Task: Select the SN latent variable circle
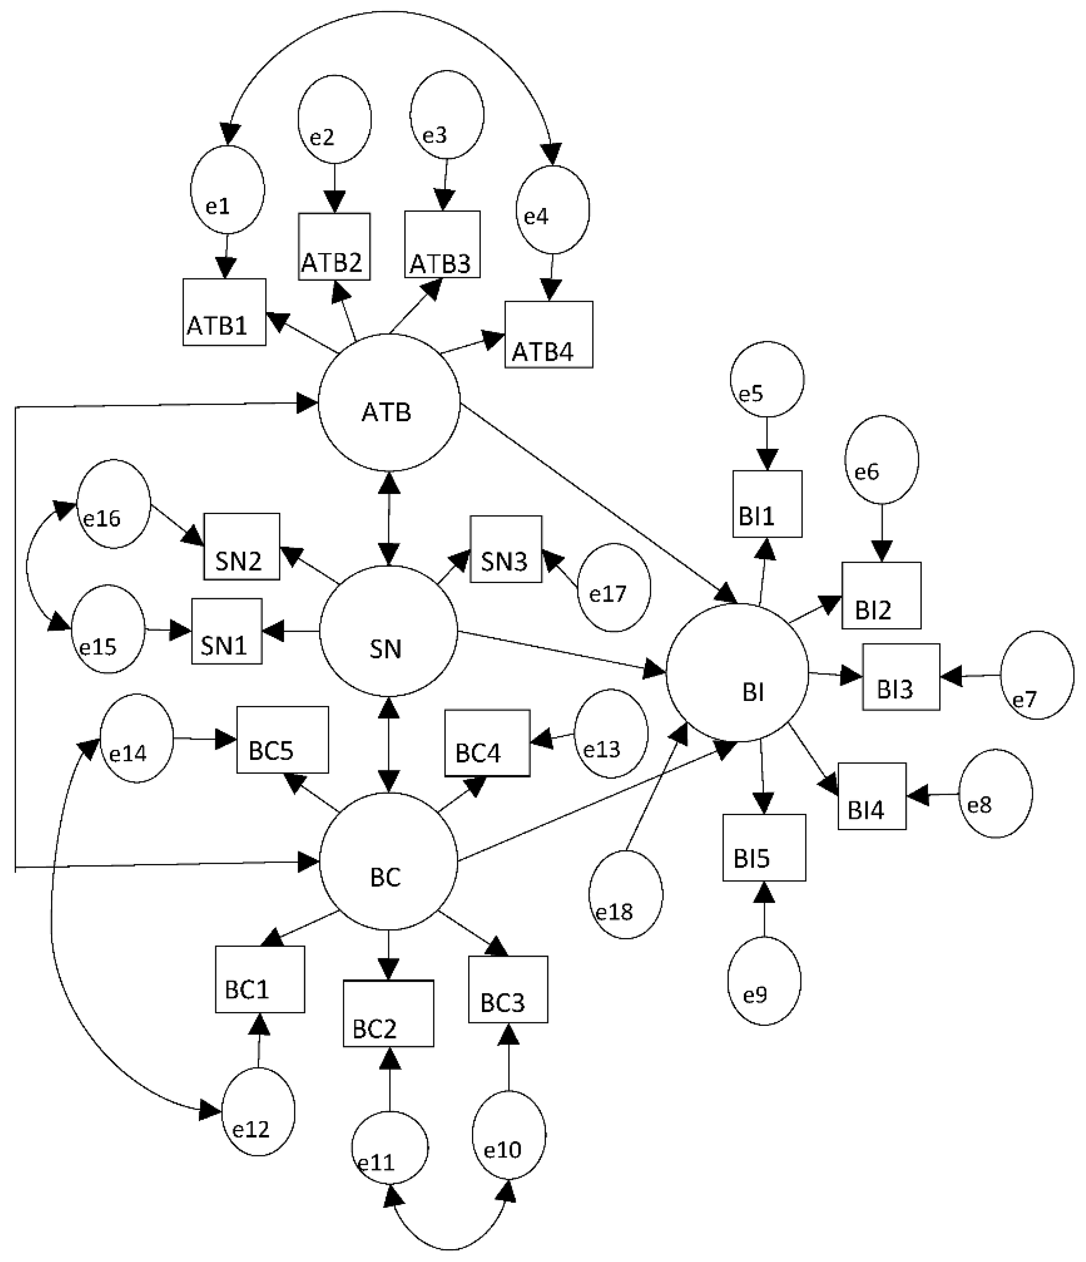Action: coord(388,631)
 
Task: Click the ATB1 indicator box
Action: coord(224,312)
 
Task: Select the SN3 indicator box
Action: coord(505,549)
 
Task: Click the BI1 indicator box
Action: coord(767,504)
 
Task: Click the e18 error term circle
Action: coord(625,894)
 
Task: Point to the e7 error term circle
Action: coord(1037,675)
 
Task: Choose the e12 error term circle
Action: coord(258,1111)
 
